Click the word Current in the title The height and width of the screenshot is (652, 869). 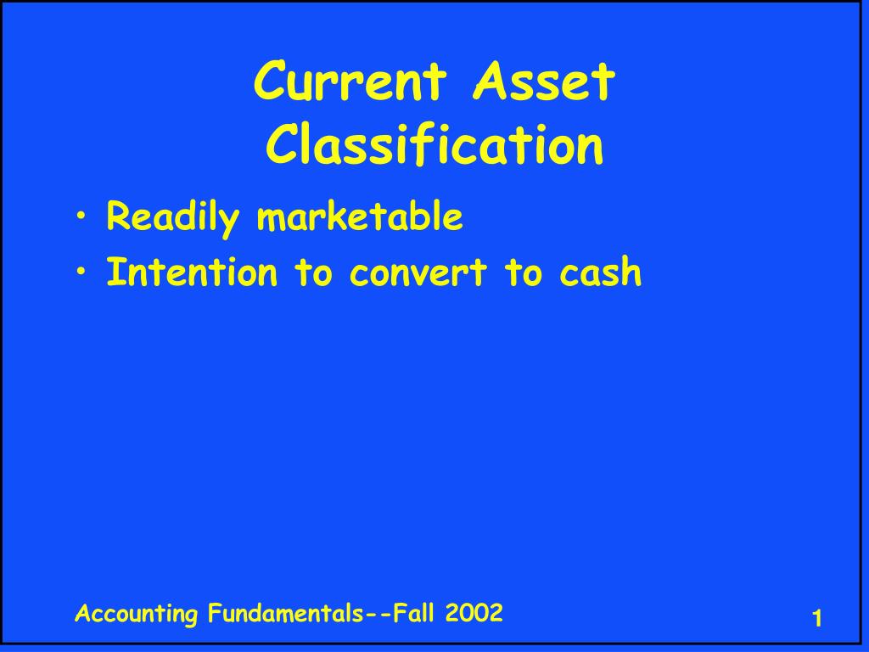point(350,83)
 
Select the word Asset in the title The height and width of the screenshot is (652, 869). point(544,83)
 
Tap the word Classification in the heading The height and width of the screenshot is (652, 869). point(434,145)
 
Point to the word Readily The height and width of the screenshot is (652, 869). point(173,218)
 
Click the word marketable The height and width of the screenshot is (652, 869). point(360,217)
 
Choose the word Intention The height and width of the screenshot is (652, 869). point(192,273)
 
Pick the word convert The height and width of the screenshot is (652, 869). point(415,273)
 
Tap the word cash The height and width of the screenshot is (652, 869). point(601,273)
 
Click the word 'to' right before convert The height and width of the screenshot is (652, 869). point(313,273)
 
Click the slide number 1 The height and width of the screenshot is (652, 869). point(817,620)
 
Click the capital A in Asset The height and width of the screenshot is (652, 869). point(489,83)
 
